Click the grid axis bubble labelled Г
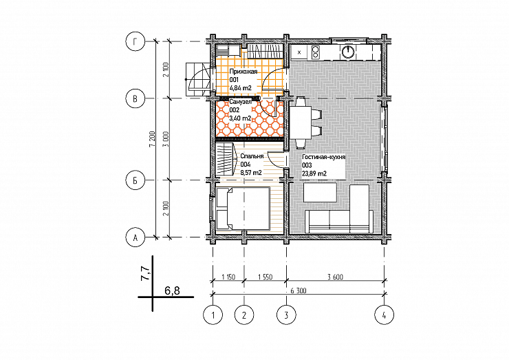point(136,41)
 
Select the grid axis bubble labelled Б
point(136,180)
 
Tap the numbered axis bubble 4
point(385,315)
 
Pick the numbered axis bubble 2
point(244,315)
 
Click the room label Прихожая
point(243,72)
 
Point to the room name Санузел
point(240,102)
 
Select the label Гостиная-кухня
point(324,157)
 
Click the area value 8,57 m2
point(251,173)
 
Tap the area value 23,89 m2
point(314,174)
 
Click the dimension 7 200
point(152,139)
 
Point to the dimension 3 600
point(336,277)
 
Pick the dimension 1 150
point(228,277)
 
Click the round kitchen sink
point(347,52)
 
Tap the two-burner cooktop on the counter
point(316,52)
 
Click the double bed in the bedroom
point(243,209)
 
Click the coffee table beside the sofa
point(320,192)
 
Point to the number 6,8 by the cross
point(172,290)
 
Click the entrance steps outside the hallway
point(197,79)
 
